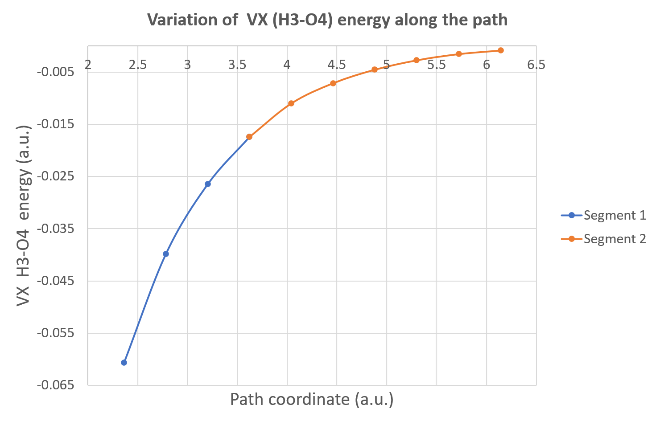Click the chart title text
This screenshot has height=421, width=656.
tap(327, 20)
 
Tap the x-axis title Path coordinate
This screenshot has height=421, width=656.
tap(312, 399)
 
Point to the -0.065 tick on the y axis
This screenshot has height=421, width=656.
tap(55, 385)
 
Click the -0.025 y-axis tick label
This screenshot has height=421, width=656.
tap(55, 176)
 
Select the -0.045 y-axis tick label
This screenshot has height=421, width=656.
tap(55, 281)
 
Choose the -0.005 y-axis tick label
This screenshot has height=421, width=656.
tap(55, 72)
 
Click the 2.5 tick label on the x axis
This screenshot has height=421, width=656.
tap(138, 65)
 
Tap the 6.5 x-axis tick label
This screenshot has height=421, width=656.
tap(536, 65)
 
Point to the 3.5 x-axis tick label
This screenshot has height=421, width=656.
tap(237, 65)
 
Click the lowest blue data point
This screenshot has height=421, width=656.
tap(124, 363)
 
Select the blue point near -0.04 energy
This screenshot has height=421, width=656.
tap(166, 254)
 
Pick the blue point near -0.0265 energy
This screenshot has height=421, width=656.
tap(208, 184)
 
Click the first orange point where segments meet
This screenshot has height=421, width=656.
tap(249, 137)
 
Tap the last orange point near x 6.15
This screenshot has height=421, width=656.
tap(501, 50)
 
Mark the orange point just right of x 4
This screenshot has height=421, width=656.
tap(291, 103)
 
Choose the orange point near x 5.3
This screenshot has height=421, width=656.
tap(417, 60)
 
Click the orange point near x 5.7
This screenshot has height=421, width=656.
tap(458, 54)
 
